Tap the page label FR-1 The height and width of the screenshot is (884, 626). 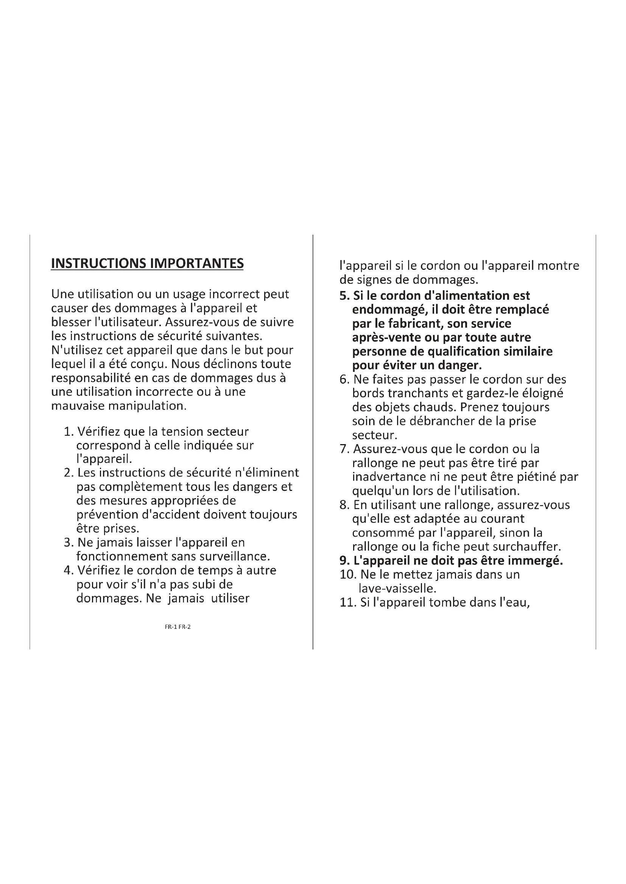(x=171, y=627)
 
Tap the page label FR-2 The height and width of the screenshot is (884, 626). (x=185, y=627)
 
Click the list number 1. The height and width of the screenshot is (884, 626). (x=68, y=432)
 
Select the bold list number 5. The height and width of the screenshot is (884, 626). (x=344, y=296)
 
